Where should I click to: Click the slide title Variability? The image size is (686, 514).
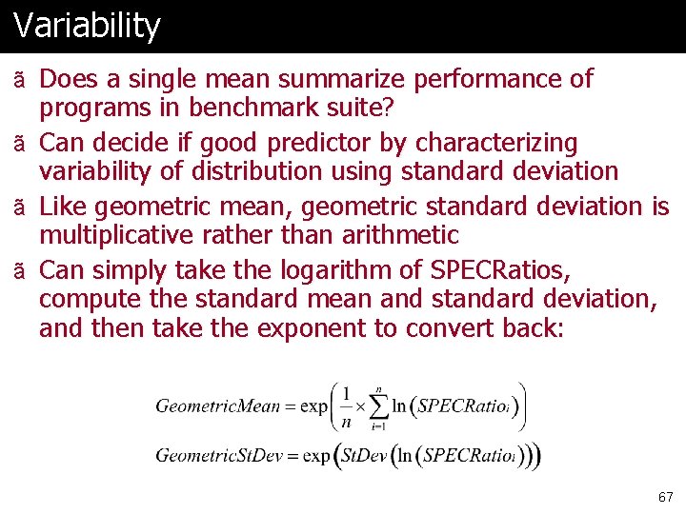(87, 26)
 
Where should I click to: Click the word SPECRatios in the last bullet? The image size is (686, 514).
(499, 269)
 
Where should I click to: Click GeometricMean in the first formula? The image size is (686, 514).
(218, 406)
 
